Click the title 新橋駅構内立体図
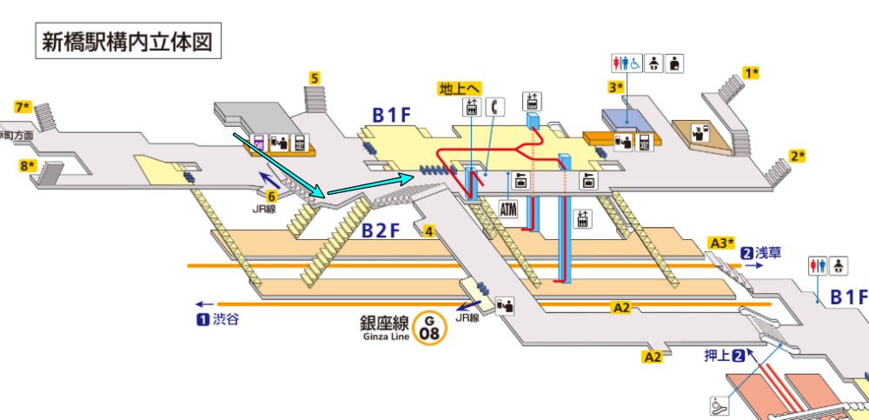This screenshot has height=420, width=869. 123,41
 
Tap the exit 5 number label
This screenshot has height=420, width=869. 315,78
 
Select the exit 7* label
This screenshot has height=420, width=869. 23,108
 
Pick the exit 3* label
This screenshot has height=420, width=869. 616,87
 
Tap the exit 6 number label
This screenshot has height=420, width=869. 271,197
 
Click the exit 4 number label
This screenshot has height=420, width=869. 428,230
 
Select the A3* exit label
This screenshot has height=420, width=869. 723,242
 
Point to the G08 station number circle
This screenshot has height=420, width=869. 428,328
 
